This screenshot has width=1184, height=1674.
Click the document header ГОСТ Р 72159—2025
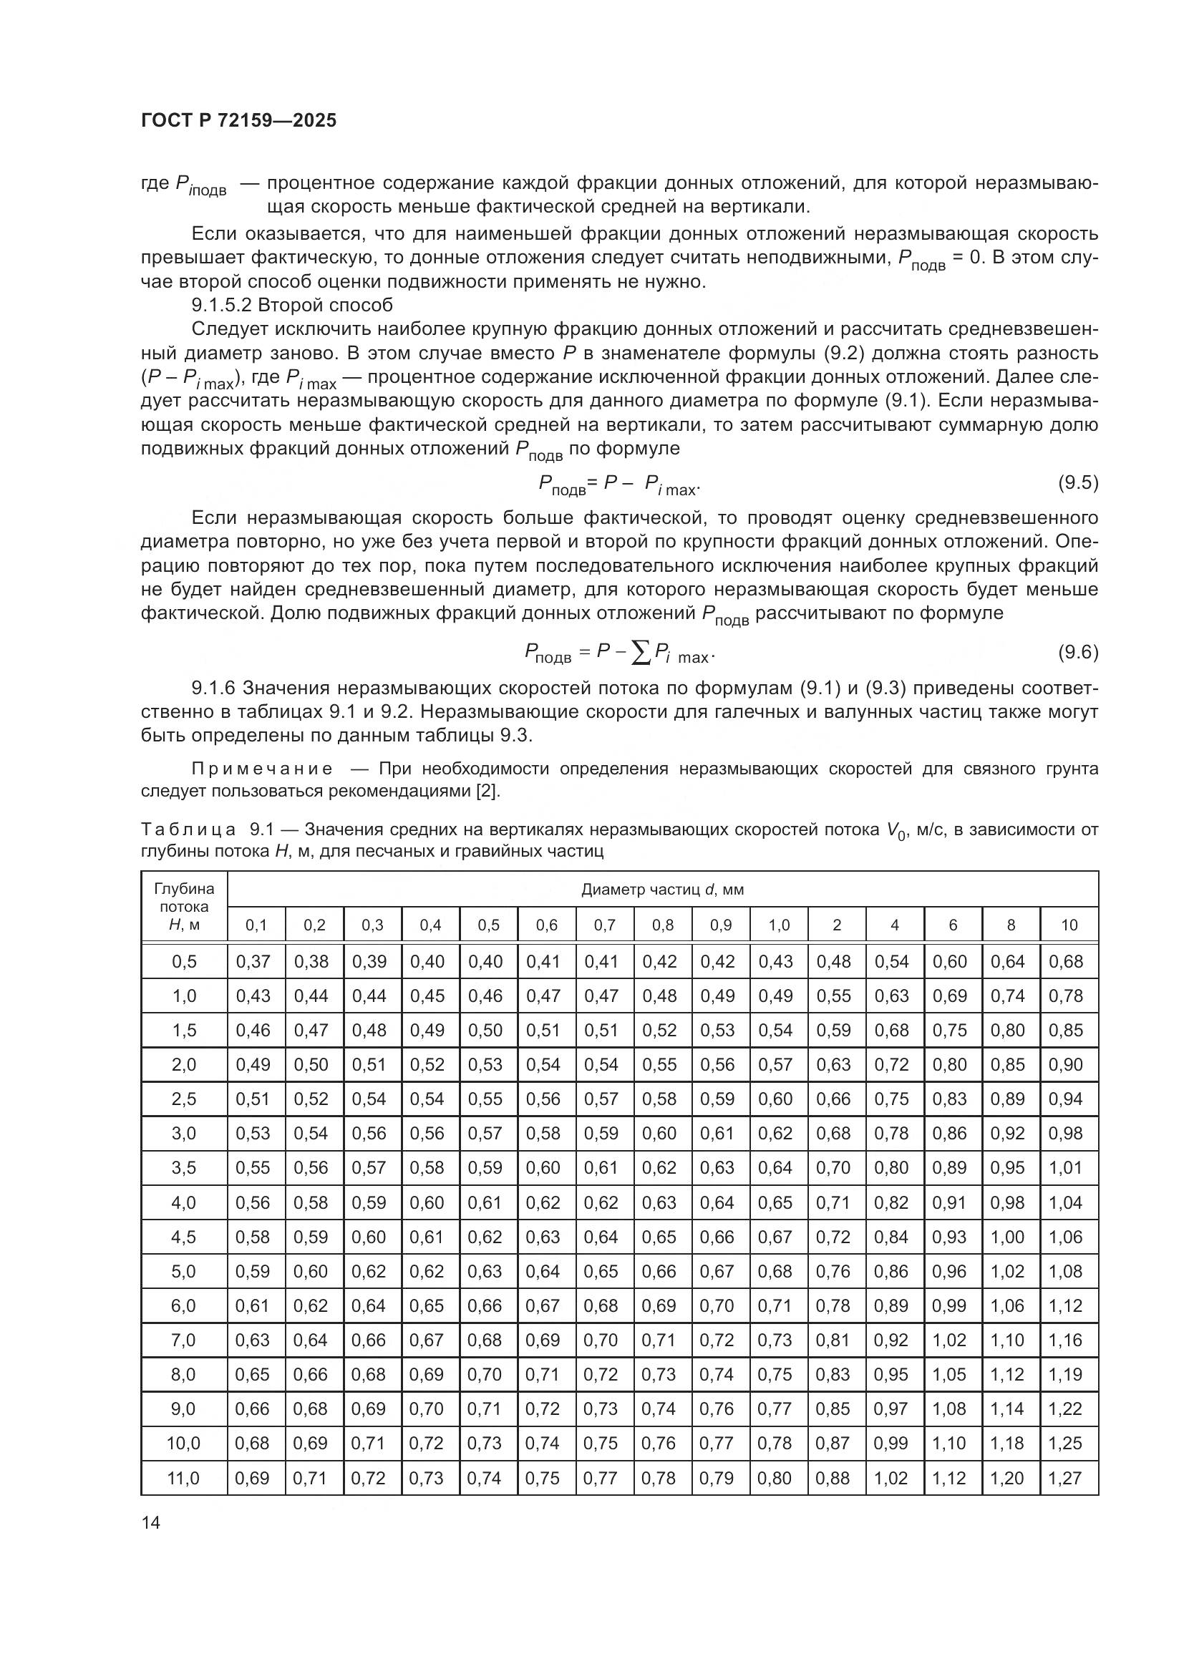pos(238,120)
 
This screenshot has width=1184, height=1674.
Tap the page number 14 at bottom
pos(151,1522)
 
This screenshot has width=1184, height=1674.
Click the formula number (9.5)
pos(1077,482)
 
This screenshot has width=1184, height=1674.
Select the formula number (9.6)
pos(1077,652)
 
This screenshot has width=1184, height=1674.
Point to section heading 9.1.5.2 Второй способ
pos(291,305)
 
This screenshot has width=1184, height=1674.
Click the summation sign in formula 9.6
pos(641,654)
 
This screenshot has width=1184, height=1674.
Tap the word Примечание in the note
pos(263,769)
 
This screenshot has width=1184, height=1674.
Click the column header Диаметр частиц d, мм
pos(662,890)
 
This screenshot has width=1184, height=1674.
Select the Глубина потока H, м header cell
pos(184,907)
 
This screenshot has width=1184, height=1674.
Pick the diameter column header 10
pos(1069,925)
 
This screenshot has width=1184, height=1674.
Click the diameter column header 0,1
pos(256,925)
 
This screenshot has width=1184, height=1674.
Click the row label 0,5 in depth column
pos(184,961)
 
